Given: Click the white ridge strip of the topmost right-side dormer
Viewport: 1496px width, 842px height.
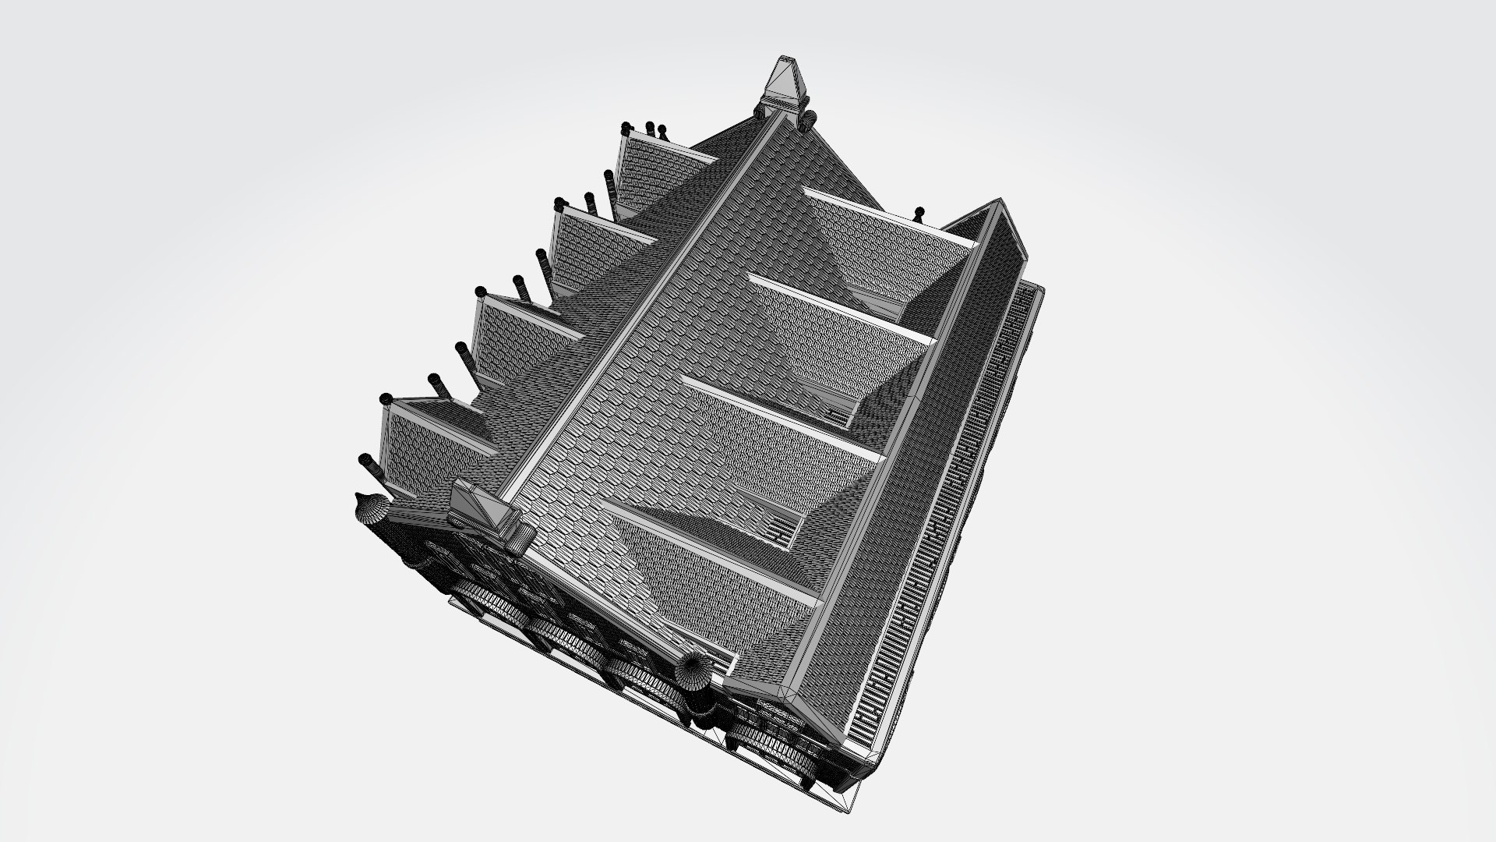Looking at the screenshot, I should [x=888, y=218].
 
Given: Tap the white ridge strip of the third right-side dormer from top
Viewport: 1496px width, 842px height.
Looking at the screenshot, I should [x=783, y=417].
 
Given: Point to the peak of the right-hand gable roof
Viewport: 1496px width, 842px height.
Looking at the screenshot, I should [x=997, y=205].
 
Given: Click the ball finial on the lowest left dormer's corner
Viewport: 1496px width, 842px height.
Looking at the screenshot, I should [x=385, y=400].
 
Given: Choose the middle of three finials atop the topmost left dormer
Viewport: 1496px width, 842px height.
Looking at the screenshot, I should [x=650, y=126].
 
